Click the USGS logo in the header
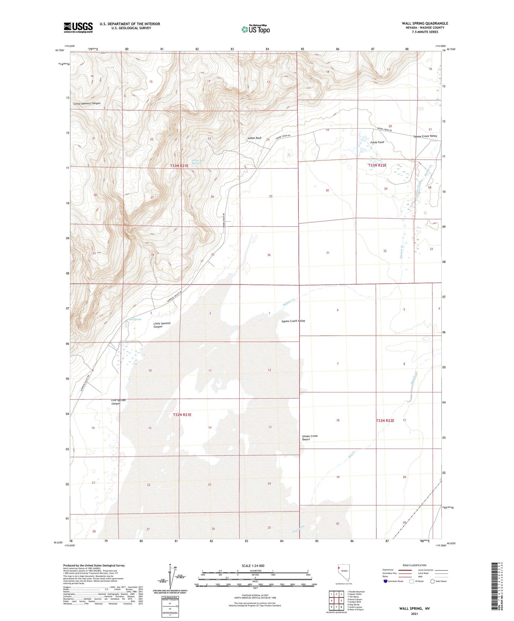point(78,27)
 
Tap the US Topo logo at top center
point(255,29)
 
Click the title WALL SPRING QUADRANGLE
point(425,23)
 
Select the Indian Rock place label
point(254,138)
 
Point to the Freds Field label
point(377,142)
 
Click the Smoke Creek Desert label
point(309,437)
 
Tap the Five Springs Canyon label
point(118,402)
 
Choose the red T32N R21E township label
point(182,415)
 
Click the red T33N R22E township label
point(377,165)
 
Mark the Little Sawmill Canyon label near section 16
point(87,103)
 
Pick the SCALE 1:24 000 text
point(253,566)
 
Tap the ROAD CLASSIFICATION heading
point(414,565)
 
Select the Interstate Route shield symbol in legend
point(386,581)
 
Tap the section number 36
point(269,255)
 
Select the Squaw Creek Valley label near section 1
point(293,321)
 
